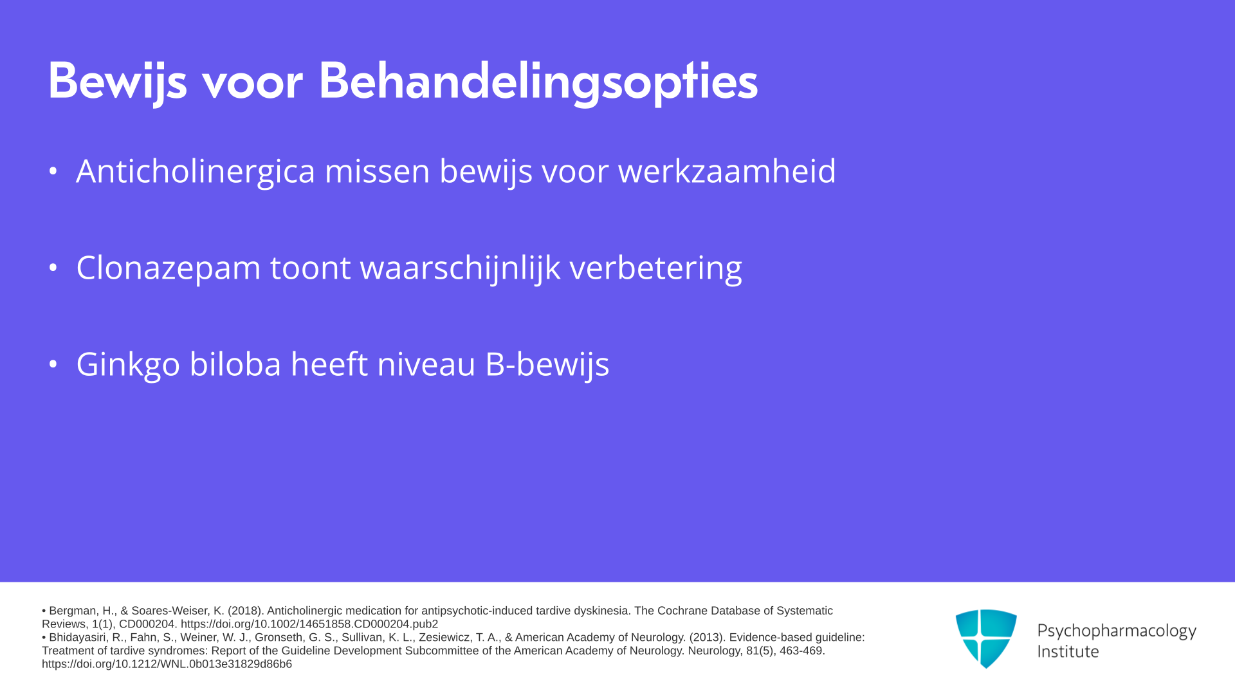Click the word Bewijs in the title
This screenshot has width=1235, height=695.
tap(117, 82)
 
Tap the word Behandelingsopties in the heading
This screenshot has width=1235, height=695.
tap(538, 82)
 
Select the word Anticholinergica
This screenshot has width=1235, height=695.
tap(196, 172)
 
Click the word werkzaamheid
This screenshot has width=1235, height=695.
tap(727, 171)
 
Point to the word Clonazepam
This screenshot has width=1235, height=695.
tap(169, 268)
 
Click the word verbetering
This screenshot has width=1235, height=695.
tap(655, 268)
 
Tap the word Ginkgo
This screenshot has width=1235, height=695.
tap(128, 365)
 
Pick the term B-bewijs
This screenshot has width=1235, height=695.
tap(547, 365)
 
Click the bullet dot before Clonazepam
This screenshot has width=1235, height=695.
tap(53, 267)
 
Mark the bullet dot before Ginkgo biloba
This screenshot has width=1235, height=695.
tap(53, 364)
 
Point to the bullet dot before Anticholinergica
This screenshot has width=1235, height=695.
tap(53, 171)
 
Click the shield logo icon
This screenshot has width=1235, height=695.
tap(986, 638)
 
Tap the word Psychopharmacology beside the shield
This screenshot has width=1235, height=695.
tap(1117, 631)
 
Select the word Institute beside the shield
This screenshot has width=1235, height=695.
tap(1068, 652)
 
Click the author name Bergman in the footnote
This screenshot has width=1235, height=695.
tap(73, 611)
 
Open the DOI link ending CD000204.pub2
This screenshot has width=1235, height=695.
tap(309, 624)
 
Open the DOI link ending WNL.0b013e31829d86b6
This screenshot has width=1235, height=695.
tap(167, 664)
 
